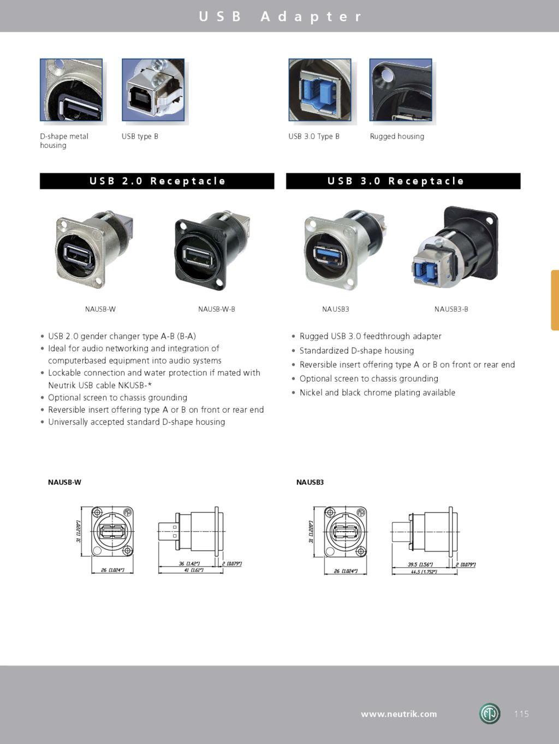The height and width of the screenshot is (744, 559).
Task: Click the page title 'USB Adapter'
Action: (280, 16)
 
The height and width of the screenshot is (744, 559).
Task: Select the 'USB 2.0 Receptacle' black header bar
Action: (157, 181)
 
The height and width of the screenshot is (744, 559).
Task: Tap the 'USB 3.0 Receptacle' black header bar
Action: (403, 181)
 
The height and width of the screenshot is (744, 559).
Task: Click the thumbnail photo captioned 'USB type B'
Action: (153, 90)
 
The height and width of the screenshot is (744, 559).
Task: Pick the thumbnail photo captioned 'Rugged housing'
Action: (401, 90)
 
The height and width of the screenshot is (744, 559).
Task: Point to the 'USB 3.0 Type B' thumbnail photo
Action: (319, 90)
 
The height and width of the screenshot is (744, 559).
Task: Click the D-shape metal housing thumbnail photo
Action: (71, 90)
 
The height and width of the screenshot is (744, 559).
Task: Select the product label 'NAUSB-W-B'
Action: (217, 309)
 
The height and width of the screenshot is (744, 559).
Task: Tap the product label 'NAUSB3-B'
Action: (451, 309)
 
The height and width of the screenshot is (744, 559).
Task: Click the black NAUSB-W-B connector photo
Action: (211, 250)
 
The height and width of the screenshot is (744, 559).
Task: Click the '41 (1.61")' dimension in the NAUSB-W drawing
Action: (194, 570)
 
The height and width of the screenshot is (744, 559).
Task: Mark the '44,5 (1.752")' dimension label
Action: (424, 572)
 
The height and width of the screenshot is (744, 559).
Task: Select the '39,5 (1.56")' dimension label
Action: (420, 565)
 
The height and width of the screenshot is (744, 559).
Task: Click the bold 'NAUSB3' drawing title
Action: (310, 483)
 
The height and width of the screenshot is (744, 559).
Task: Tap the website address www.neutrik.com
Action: (399, 714)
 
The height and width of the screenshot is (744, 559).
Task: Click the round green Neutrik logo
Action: (490, 714)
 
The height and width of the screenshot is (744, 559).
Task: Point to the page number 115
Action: (521, 714)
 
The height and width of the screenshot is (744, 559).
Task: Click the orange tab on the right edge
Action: (555, 300)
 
